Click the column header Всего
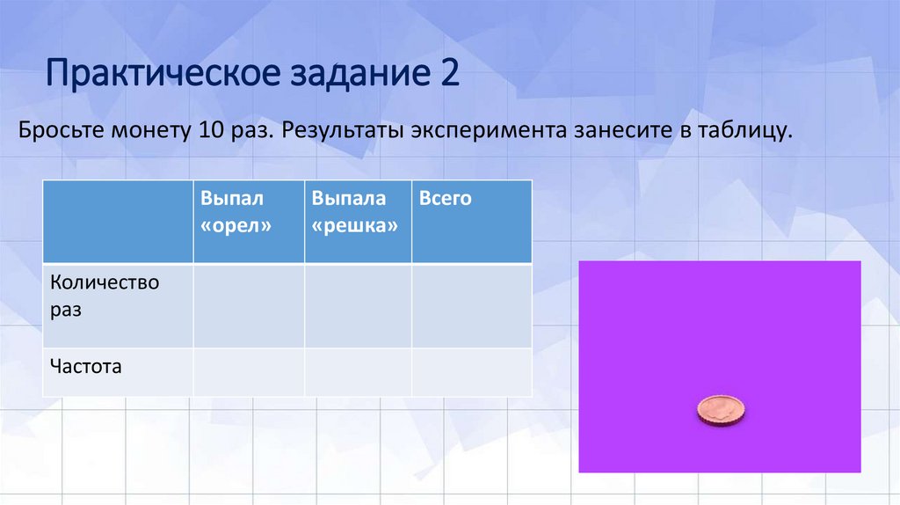click(446, 199)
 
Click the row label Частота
click(86, 365)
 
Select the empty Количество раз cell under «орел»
click(249, 305)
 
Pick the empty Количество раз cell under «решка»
click(358, 305)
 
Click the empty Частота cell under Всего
click(471, 372)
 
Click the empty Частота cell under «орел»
click(249, 372)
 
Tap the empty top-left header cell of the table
click(119, 221)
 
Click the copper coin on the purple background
click(720, 410)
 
